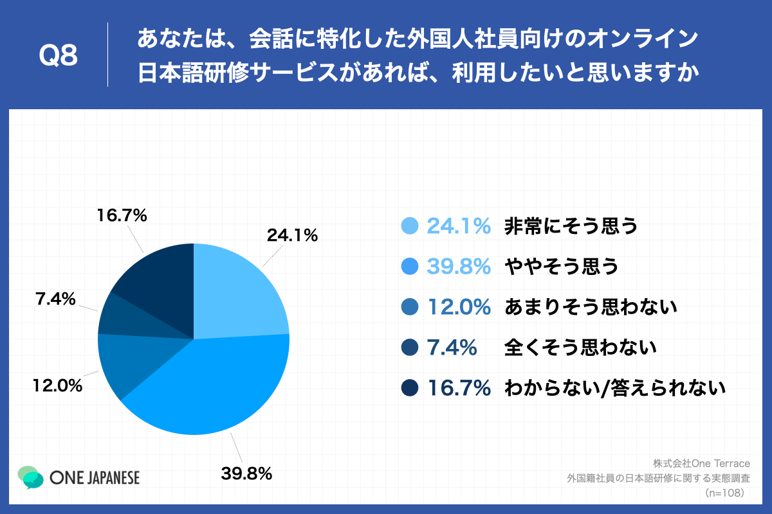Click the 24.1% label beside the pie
click(293, 236)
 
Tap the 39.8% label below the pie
click(246, 474)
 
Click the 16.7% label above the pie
click(122, 216)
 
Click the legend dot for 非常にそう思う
click(409, 226)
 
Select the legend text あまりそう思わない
click(591, 307)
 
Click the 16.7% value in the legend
click(459, 388)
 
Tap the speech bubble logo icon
click(31, 477)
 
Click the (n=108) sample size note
click(724, 493)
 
